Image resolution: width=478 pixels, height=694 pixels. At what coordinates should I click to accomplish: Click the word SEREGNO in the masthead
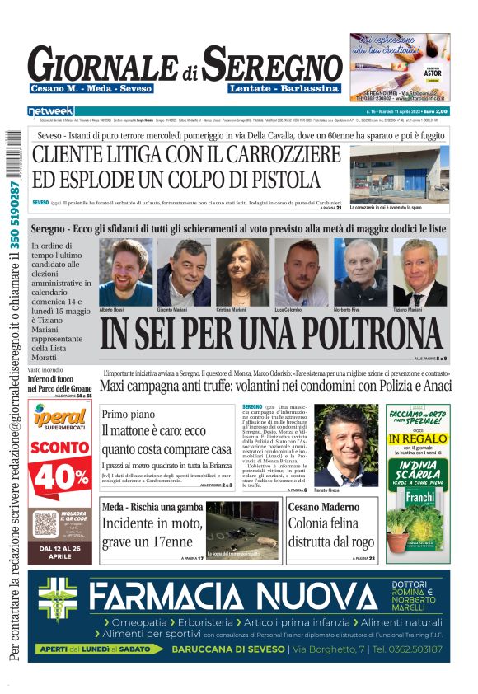273,63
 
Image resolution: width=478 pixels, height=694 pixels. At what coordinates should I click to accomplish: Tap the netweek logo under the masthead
51,110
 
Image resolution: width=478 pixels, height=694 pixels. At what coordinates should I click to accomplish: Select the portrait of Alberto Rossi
125,272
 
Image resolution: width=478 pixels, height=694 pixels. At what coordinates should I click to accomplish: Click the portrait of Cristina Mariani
242,272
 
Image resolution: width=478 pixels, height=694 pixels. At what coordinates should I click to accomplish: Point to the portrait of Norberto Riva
360,272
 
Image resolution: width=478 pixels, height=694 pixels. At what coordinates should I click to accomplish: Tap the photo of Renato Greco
346,443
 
